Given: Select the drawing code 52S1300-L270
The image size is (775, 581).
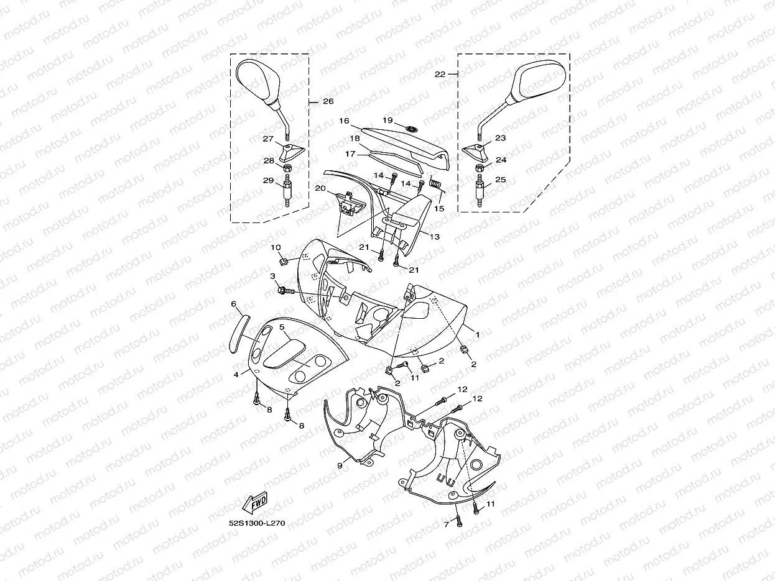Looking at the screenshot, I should tap(257, 523).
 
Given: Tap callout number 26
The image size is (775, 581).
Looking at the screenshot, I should tap(328, 101).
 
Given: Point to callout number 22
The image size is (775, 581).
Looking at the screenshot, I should tap(440, 74).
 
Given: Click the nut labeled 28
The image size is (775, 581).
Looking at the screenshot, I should tap(288, 169).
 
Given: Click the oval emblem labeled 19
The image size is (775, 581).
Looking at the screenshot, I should tap(411, 128).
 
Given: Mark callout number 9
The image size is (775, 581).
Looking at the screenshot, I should tap(340, 465).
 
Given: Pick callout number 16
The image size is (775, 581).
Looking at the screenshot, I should tap(344, 121).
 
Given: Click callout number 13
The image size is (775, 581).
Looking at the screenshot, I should tap(434, 236).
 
